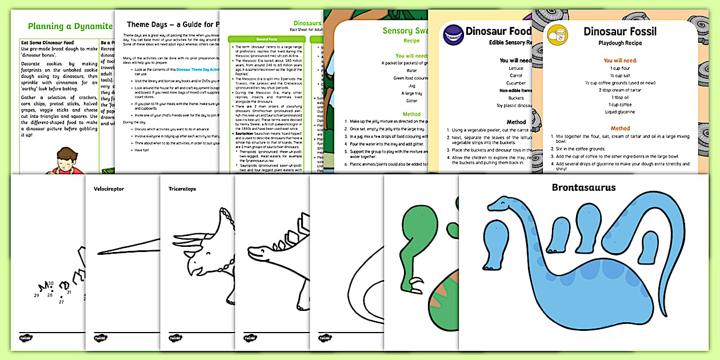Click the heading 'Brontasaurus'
(583, 187)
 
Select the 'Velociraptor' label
(110, 188)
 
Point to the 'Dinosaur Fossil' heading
(619, 31)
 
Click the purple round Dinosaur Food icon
(454, 35)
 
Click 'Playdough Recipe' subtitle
(620, 43)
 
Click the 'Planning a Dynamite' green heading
(70, 26)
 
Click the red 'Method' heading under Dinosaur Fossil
(620, 129)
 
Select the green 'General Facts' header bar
(264, 39)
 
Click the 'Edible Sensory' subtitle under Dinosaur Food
(511, 43)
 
